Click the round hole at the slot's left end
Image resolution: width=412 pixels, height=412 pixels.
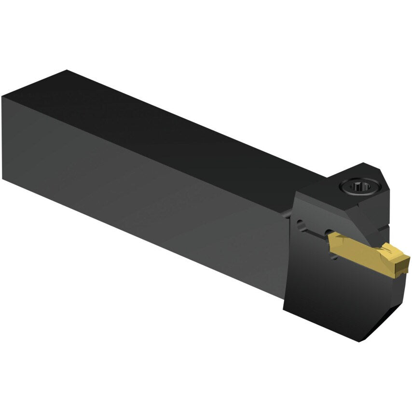click(302, 224)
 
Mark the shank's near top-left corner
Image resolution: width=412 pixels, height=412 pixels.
click(3, 97)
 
